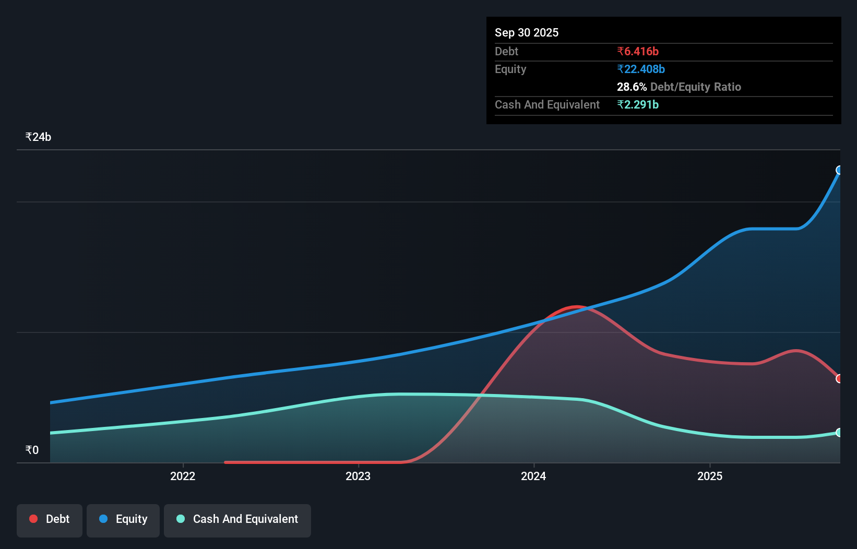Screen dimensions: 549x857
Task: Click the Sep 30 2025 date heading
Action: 526,32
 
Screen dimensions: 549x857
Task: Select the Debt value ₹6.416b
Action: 637,51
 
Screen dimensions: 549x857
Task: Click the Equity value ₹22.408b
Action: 640,69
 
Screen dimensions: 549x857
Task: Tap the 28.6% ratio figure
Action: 632,87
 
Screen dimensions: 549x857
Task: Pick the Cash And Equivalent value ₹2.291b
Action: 637,104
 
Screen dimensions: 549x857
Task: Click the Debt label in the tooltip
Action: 506,51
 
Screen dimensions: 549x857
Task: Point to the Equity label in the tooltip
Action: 510,69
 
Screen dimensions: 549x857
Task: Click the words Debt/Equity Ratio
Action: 695,87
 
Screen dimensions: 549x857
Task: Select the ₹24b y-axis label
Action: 38,137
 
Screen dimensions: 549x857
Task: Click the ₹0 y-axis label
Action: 32,450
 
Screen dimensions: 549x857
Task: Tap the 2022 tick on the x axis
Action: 183,476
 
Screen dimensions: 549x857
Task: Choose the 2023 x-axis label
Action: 358,476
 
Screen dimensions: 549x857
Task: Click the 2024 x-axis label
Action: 533,476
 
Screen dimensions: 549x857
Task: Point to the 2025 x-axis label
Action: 710,476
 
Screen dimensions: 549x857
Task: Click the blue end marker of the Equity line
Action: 839,170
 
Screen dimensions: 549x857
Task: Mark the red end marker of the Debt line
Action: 839,378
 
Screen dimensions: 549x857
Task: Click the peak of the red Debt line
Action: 576,307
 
